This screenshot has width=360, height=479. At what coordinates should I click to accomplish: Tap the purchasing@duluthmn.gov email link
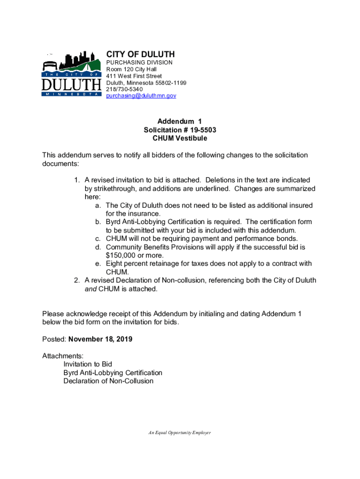click(141, 95)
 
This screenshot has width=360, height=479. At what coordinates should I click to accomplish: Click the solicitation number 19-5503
click(200, 130)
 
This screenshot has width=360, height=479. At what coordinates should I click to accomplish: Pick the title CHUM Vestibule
click(180, 138)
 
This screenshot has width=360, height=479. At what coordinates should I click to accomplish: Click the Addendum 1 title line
click(180, 121)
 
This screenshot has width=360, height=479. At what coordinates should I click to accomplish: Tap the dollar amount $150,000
click(122, 255)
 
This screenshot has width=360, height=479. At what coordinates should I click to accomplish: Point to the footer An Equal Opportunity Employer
click(180, 433)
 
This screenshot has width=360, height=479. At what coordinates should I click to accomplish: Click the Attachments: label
click(63, 356)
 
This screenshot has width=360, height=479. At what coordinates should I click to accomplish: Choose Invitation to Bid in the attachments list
click(88, 364)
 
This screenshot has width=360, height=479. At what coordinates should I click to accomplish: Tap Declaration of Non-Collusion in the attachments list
click(108, 381)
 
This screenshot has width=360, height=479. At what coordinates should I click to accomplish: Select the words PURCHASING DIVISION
click(139, 62)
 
